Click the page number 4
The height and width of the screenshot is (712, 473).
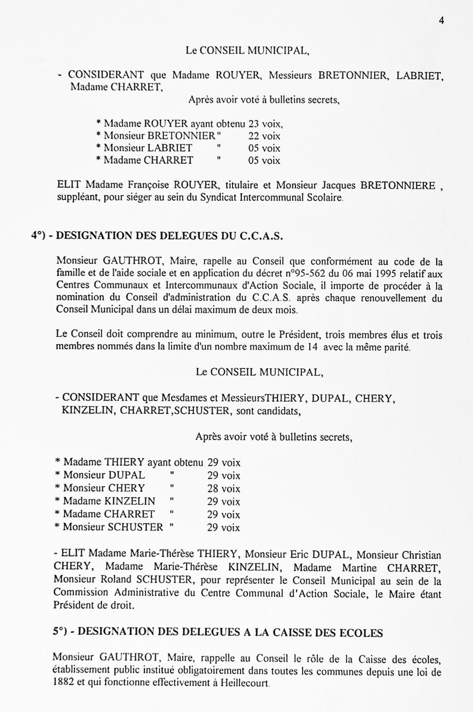(441, 20)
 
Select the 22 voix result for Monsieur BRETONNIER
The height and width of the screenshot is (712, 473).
(264, 136)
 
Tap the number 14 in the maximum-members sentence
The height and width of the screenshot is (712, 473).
(312, 347)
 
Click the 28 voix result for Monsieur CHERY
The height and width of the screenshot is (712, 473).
(223, 488)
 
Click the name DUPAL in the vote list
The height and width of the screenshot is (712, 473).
(127, 475)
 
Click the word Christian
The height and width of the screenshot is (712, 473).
(422, 555)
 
